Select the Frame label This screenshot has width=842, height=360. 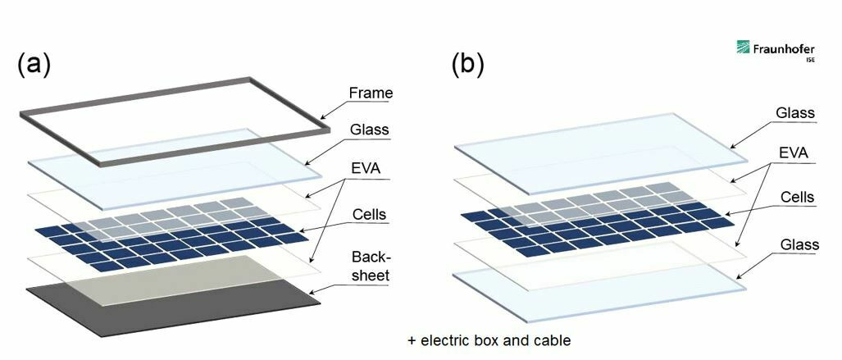tap(371, 93)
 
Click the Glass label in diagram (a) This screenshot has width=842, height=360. tap(369, 130)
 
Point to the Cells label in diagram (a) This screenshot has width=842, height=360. tap(367, 215)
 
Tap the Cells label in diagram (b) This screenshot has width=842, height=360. tap(795, 197)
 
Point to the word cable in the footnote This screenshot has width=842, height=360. tap(551, 339)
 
